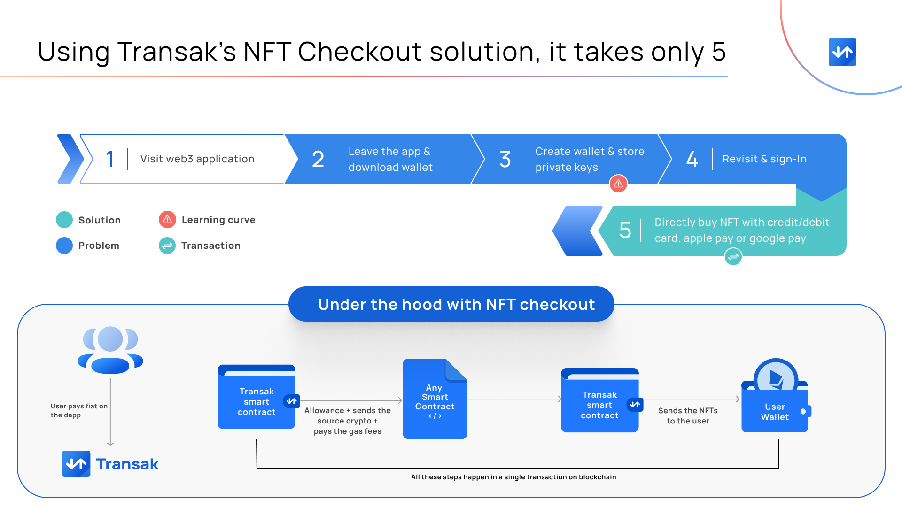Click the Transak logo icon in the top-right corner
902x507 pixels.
coord(842,52)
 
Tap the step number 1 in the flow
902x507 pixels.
coord(110,159)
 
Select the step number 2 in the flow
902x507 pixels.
coord(318,159)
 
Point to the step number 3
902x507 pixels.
coord(505,159)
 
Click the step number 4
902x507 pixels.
coord(692,159)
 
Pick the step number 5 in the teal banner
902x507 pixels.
coord(625,230)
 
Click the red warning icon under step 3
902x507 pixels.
coord(618,184)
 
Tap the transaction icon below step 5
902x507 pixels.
coord(733,257)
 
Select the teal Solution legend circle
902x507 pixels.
coord(64,220)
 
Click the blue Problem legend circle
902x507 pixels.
coord(64,246)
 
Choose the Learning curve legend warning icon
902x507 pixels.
coord(167,220)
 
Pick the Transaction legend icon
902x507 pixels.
coord(167,246)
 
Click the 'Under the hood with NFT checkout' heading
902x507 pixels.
coord(456,304)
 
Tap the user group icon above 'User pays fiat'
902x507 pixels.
coord(110,350)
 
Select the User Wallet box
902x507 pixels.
coord(775,408)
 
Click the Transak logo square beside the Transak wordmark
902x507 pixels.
coord(76,464)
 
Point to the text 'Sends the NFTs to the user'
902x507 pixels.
coord(688,415)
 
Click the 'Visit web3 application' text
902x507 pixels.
coord(197,159)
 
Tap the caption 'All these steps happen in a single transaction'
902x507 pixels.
coord(513,477)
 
